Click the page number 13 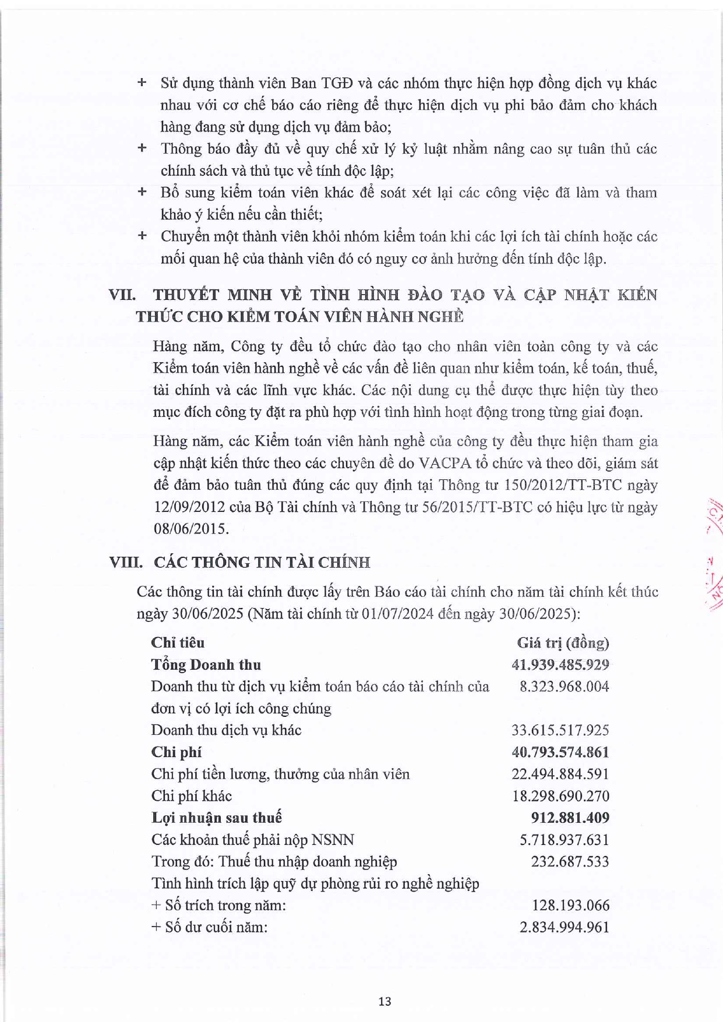(x=385, y=1001)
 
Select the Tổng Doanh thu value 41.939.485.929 (x=560, y=664)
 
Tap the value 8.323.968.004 (x=564, y=687)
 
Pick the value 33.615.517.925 (x=560, y=730)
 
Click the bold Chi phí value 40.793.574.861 (x=560, y=752)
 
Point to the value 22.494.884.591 (x=560, y=774)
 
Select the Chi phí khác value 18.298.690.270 (x=560, y=796)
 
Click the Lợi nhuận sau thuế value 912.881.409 (x=570, y=818)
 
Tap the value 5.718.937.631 (x=564, y=840)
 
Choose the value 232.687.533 (x=570, y=861)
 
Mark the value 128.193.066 (x=570, y=906)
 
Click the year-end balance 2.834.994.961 (x=564, y=927)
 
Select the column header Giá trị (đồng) (x=563, y=643)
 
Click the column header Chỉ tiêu (x=178, y=642)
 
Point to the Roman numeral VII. (x=122, y=295)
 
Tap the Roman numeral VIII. (x=126, y=563)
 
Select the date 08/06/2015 (x=191, y=529)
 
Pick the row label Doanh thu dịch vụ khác (x=226, y=730)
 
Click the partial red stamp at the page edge (x=714, y=553)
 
